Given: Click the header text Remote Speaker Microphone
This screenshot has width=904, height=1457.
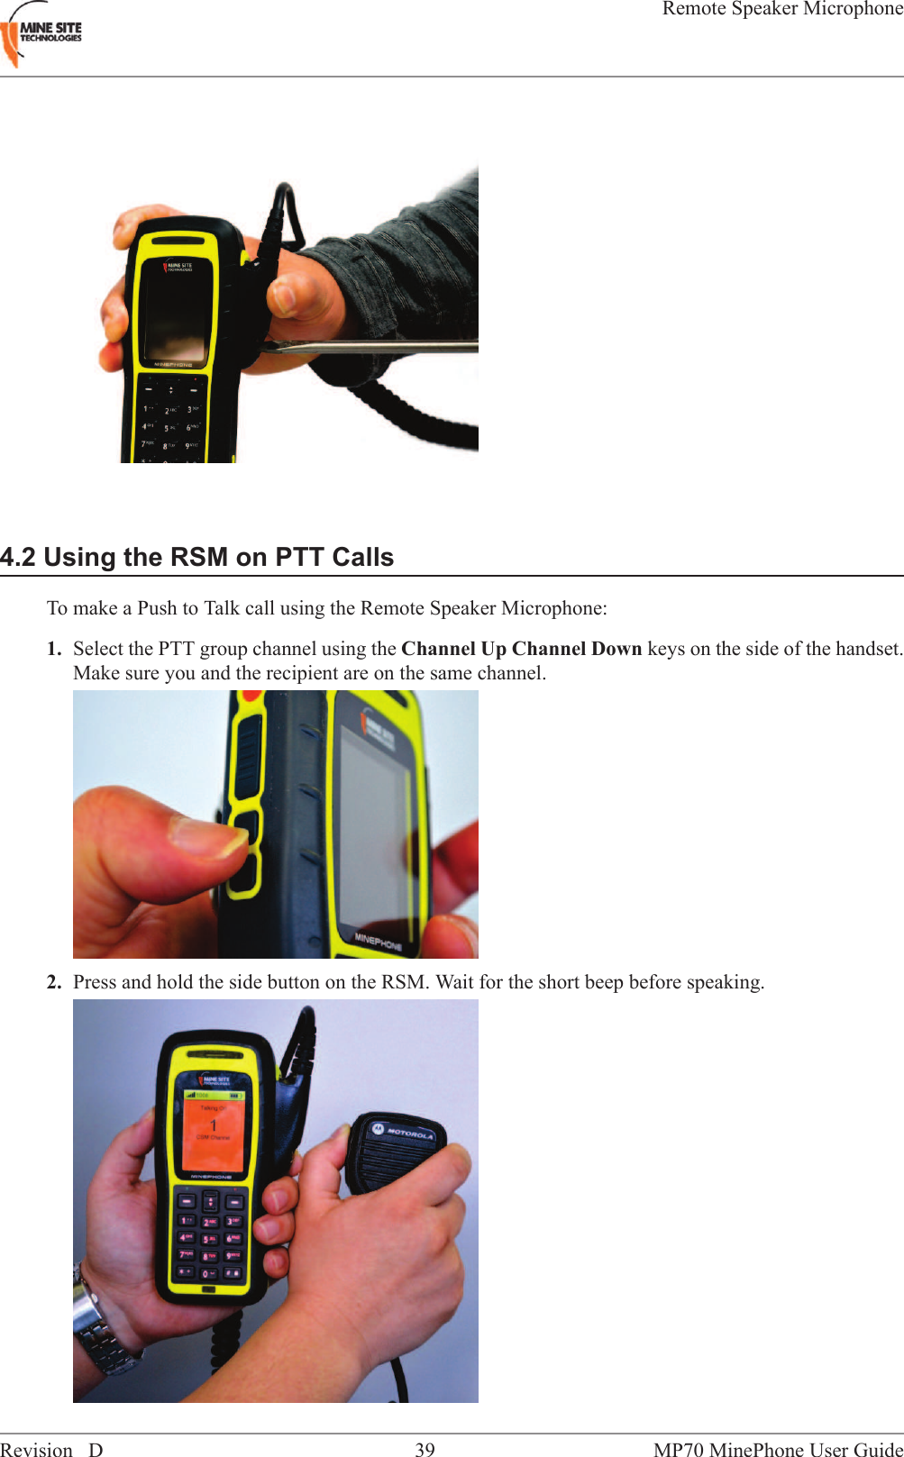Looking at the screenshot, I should click(x=781, y=9).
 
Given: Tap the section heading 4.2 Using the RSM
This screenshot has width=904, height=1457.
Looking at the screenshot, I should click(x=196, y=557).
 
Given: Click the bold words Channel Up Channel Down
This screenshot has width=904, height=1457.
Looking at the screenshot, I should click(x=521, y=649).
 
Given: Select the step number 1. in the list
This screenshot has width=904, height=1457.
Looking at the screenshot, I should click(x=54, y=649).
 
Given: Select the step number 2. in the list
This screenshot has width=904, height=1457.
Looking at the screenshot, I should click(x=54, y=982).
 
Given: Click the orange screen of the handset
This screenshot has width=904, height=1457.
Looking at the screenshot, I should click(x=214, y=1131).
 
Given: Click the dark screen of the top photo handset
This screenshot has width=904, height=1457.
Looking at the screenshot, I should click(x=178, y=315).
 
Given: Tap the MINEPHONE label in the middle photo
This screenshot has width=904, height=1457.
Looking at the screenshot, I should click(x=379, y=941).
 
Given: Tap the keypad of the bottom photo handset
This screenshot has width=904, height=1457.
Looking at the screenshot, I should click(x=209, y=1239).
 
